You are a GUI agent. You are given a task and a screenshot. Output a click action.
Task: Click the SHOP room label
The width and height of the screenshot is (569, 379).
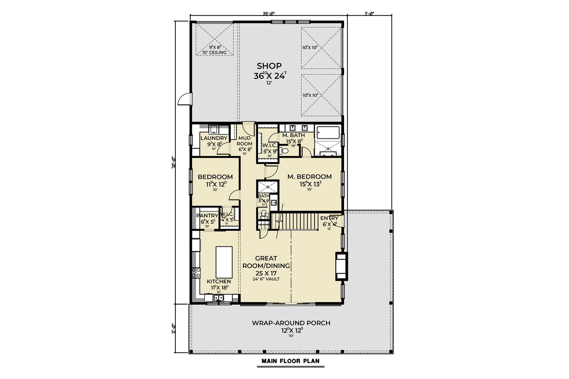point(269,66)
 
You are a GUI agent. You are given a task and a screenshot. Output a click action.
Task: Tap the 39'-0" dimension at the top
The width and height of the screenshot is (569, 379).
point(269,14)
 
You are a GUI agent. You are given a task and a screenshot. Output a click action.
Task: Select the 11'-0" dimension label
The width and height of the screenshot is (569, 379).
point(370,14)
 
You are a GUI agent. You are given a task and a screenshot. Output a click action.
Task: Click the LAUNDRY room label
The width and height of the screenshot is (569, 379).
point(214,138)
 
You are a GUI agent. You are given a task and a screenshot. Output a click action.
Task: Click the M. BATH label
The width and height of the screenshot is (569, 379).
point(293,135)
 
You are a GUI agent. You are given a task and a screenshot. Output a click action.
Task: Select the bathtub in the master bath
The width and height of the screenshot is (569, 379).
point(328,132)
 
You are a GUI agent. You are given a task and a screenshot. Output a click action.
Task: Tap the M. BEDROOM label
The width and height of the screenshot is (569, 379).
point(309,177)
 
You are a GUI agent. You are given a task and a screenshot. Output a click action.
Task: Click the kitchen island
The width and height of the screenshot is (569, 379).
point(224,262)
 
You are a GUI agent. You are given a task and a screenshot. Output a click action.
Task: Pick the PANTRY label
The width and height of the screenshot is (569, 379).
point(207,216)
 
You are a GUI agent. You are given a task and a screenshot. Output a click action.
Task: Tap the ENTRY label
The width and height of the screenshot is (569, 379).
point(329,218)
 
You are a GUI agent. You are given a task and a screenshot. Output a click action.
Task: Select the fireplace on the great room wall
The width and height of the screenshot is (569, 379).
point(341,266)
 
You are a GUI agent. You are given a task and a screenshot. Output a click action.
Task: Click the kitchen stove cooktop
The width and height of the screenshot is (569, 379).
point(196,272)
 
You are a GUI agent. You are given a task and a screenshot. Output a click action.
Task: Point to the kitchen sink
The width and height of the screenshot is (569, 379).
point(218,298)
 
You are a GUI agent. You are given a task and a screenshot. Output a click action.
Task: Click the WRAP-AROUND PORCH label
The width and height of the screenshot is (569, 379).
point(291,323)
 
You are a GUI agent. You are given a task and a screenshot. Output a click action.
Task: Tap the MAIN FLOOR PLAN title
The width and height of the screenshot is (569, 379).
point(290,361)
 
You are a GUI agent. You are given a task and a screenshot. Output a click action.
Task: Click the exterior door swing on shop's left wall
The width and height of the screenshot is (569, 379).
point(185,99)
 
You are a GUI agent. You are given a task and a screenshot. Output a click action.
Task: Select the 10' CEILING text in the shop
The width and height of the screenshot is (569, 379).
point(214,52)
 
